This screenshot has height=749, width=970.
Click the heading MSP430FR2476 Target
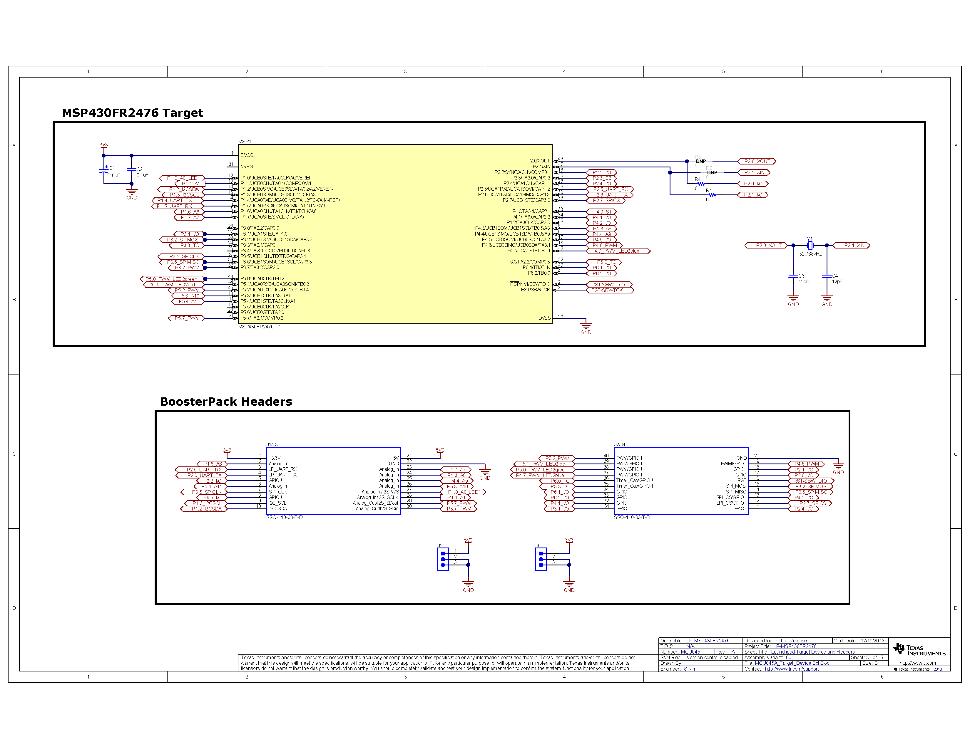click(132, 113)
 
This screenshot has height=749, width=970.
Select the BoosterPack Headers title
click(226, 402)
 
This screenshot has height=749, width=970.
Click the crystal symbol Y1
click(810, 245)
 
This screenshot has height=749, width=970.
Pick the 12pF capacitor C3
click(793, 276)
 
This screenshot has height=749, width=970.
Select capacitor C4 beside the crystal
click(827, 276)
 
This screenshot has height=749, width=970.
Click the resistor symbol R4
click(701, 184)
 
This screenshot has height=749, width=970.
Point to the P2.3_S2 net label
click(601, 178)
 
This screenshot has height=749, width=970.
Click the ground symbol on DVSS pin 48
click(586, 326)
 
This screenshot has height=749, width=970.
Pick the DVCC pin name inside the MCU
click(247, 155)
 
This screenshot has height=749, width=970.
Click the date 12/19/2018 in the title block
click(872, 641)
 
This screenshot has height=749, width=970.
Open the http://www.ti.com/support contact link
click(792, 669)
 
